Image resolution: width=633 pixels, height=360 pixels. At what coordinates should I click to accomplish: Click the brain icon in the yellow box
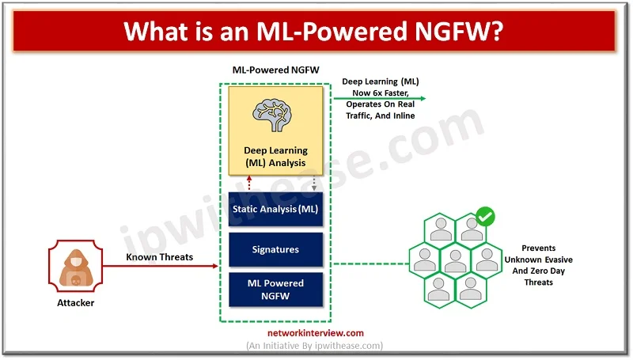(x=275, y=115)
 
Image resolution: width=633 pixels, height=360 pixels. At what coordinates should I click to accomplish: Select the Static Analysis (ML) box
(x=275, y=209)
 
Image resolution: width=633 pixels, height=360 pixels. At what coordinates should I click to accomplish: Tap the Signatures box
(x=275, y=249)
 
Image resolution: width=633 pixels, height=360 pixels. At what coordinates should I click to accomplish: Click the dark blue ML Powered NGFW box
(x=275, y=289)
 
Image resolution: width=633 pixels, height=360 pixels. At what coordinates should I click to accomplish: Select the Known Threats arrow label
(x=157, y=257)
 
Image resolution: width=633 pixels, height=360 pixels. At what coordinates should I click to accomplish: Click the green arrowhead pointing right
(x=422, y=99)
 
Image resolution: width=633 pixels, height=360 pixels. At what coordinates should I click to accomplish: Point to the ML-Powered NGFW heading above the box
(x=275, y=70)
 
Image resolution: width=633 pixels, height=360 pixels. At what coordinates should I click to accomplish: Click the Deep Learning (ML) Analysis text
(x=275, y=157)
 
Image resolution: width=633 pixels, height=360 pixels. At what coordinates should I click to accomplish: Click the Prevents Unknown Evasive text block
(x=538, y=259)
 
